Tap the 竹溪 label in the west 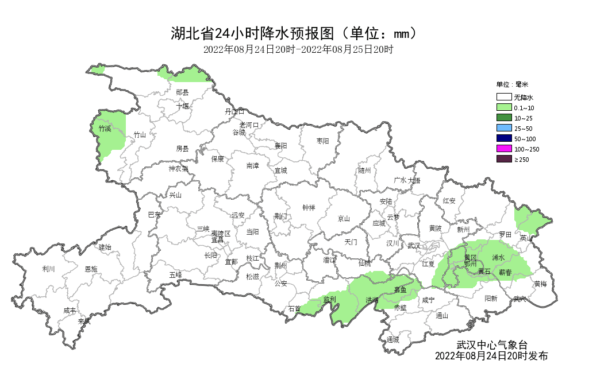click(x=105, y=129)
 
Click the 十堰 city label click(x=182, y=106)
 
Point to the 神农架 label click(x=178, y=169)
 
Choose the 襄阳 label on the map click(x=280, y=146)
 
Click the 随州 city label click(x=365, y=170)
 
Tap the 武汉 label click(x=413, y=246)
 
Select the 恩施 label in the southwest click(x=91, y=269)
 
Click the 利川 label click(x=48, y=269)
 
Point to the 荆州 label click(x=280, y=265)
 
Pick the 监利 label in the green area click(x=329, y=299)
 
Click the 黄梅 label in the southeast click(x=540, y=284)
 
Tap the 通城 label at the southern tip click(x=392, y=339)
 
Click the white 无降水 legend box click(x=504, y=98)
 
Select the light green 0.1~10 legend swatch click(x=504, y=108)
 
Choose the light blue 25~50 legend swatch click(x=504, y=128)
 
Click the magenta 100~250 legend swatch click(x=504, y=149)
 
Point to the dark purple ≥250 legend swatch click(x=504, y=159)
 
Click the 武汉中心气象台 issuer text click(x=491, y=345)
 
